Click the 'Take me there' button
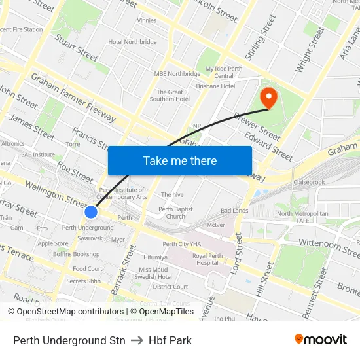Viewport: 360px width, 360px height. pos(180,160)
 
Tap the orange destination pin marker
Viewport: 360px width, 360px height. pos(268,97)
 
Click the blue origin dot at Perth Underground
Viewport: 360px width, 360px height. pos(91,212)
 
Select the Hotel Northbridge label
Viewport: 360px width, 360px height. pos(133,42)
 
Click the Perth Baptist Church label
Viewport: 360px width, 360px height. pos(175,213)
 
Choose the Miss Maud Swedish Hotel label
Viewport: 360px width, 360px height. pos(153,273)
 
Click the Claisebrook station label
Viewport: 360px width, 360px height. pos(310,182)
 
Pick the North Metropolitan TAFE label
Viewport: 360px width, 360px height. pos(302,218)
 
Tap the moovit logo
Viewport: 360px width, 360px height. pos(320,339)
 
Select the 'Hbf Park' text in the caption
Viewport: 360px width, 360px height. pos(170,340)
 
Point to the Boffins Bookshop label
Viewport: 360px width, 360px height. pos(77,253)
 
